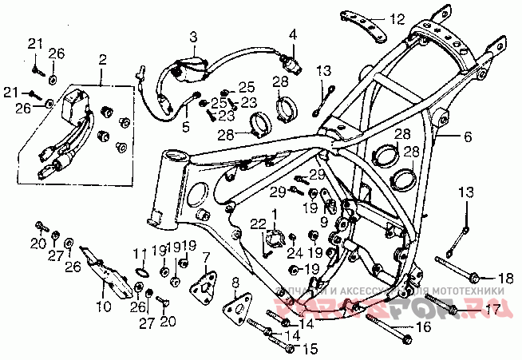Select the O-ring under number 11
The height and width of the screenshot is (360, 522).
pyautogui.click(x=140, y=271)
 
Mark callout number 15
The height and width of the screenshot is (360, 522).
pyautogui.click(x=310, y=348)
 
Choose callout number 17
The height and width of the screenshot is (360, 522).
pyautogui.click(x=493, y=308)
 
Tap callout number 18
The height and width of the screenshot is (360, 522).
pyautogui.click(x=505, y=278)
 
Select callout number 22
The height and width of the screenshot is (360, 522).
pyautogui.click(x=256, y=223)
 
